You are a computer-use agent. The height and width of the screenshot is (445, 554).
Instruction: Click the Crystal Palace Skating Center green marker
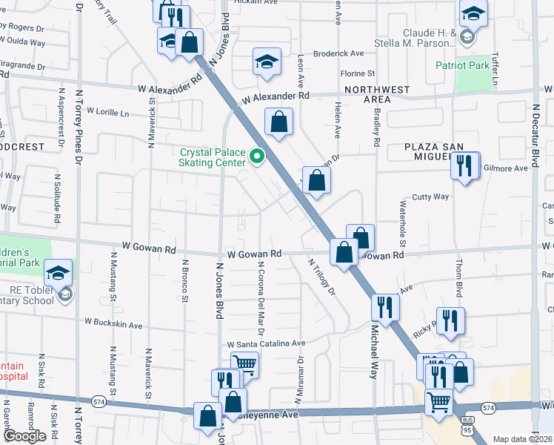coord(257,156)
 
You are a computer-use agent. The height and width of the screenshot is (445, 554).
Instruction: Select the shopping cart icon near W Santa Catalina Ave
coord(244,363)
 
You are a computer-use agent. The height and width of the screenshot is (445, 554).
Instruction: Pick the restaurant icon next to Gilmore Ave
coord(464,166)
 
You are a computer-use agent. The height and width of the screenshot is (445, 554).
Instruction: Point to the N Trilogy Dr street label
coord(322,276)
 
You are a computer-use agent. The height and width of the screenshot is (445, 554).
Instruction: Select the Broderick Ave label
coord(338,53)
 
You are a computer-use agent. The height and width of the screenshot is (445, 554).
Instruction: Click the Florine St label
coord(358,73)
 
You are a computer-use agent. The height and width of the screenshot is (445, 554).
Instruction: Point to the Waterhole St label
coord(403,223)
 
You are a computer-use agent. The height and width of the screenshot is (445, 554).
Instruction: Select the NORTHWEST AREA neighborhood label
coord(377,94)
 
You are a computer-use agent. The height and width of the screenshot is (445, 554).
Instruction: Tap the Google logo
coord(24,436)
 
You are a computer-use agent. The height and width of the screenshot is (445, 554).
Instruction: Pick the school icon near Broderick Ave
coord(267,62)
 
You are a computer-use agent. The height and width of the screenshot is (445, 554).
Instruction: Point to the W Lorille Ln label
coord(107,112)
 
